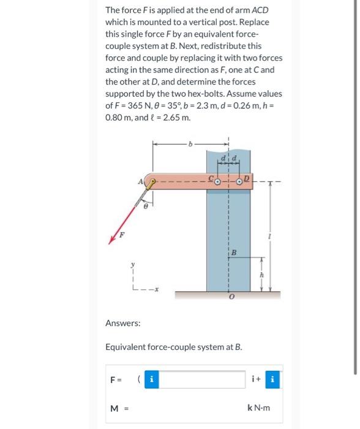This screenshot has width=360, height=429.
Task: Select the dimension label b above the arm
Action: (x=190, y=145)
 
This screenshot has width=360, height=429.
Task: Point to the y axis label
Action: (x=132, y=265)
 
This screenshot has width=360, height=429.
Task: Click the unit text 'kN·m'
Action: (x=259, y=407)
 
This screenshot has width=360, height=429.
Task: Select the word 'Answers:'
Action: (x=123, y=322)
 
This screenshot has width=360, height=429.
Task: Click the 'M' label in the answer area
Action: (x=114, y=407)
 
